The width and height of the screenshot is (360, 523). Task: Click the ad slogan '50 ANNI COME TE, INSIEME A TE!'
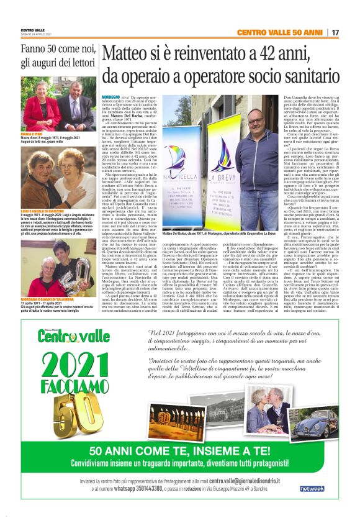180,450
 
